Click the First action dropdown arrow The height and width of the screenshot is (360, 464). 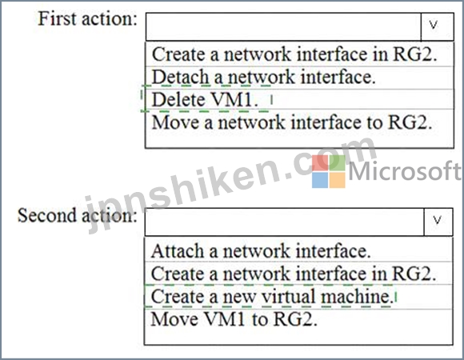pyautogui.click(x=437, y=26)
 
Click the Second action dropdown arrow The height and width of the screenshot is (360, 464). pyautogui.click(x=438, y=222)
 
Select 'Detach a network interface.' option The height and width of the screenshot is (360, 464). pyautogui.click(x=264, y=78)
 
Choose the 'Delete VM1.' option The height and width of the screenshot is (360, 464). pyautogui.click(x=205, y=99)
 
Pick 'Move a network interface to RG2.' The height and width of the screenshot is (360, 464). pyautogui.click(x=292, y=122)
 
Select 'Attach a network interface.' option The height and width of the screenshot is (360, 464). pyautogui.click(x=261, y=251)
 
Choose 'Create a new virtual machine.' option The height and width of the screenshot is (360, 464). pyautogui.click(x=272, y=297)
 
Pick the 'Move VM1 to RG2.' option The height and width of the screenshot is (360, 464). pyautogui.click(x=234, y=319)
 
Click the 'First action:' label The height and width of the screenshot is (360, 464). pyautogui.click(x=87, y=19)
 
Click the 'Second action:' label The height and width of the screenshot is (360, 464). pyautogui.click(x=78, y=216)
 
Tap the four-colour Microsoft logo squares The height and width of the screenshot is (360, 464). pyautogui.click(x=329, y=171)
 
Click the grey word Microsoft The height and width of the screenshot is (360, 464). pyautogui.click(x=405, y=170)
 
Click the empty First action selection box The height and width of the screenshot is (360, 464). pyautogui.click(x=283, y=26)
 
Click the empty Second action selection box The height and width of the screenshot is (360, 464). pyautogui.click(x=285, y=222)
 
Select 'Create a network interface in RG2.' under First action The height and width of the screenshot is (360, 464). pyautogui.click(x=294, y=54)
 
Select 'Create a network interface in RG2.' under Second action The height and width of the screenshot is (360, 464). pyautogui.click(x=294, y=274)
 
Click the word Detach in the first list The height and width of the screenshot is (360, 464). pyautogui.click(x=181, y=78)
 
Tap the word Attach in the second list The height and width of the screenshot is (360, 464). pyautogui.click(x=178, y=251)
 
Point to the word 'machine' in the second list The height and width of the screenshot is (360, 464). pyautogui.click(x=357, y=297)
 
